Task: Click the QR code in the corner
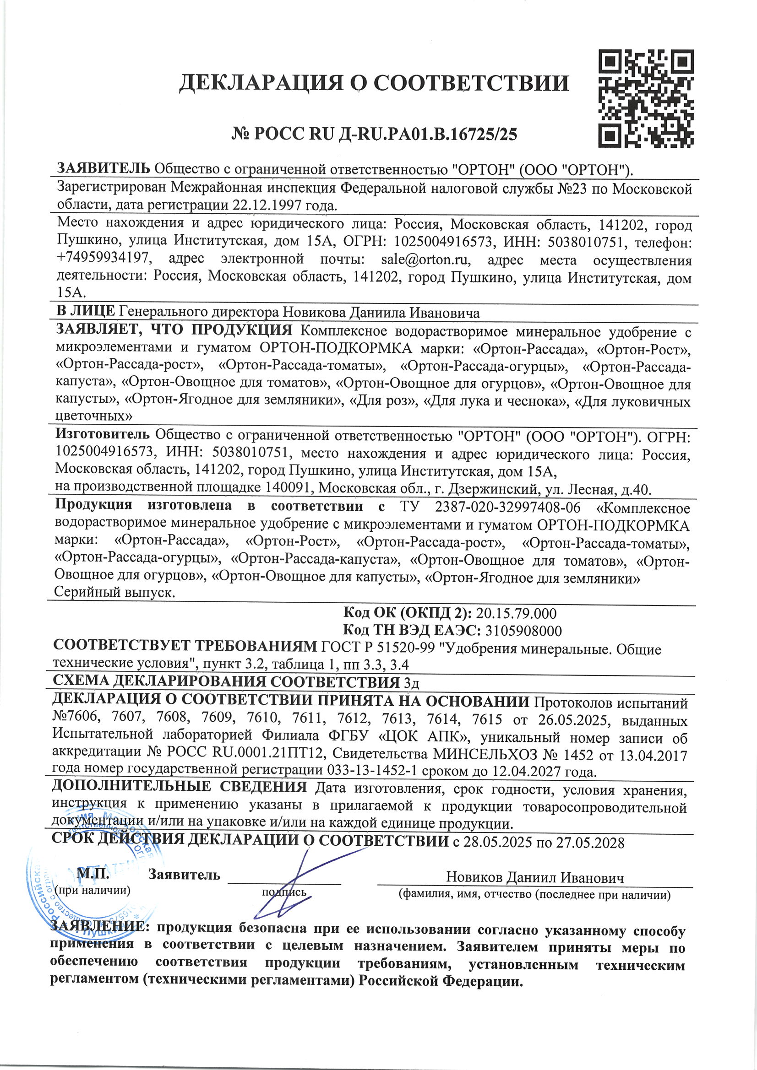click(646, 98)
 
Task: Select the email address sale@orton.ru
click(425, 259)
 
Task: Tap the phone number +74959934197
click(103, 258)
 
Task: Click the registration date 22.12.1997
click(268, 205)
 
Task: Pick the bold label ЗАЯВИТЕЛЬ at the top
click(103, 168)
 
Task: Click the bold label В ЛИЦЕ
click(85, 311)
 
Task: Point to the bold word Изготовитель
click(102, 435)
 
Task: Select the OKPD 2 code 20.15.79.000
click(516, 614)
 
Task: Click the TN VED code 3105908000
click(523, 631)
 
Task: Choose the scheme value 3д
click(411, 683)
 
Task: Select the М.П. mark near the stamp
click(93, 873)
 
